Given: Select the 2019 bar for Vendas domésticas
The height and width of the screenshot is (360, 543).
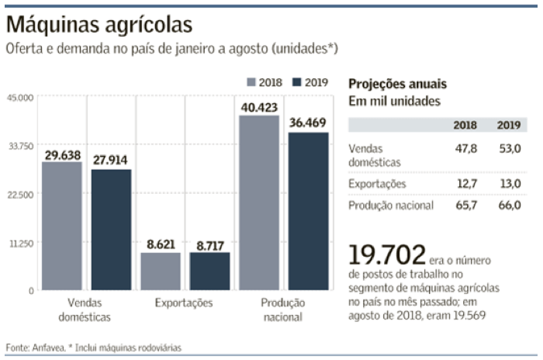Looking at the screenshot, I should [x=111, y=230].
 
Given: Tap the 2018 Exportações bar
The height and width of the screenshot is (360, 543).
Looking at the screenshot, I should [x=160, y=272].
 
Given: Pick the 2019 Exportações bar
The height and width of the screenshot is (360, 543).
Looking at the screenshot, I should [x=209, y=272].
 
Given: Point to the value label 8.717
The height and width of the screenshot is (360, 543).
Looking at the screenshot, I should [x=209, y=244].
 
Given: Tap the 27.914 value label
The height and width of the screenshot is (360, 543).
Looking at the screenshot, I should [x=111, y=161].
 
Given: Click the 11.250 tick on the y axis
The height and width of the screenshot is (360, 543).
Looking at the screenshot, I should [x=18, y=243].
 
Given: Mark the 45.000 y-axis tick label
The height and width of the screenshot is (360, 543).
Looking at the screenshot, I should [x=18, y=98].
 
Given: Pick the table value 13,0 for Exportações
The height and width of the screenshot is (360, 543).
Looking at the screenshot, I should [x=508, y=183].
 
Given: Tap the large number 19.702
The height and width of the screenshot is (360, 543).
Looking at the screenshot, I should [x=387, y=254].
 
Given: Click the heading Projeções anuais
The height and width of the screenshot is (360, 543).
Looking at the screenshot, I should [x=397, y=84].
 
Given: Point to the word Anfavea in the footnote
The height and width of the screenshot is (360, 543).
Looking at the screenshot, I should [x=40, y=348].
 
